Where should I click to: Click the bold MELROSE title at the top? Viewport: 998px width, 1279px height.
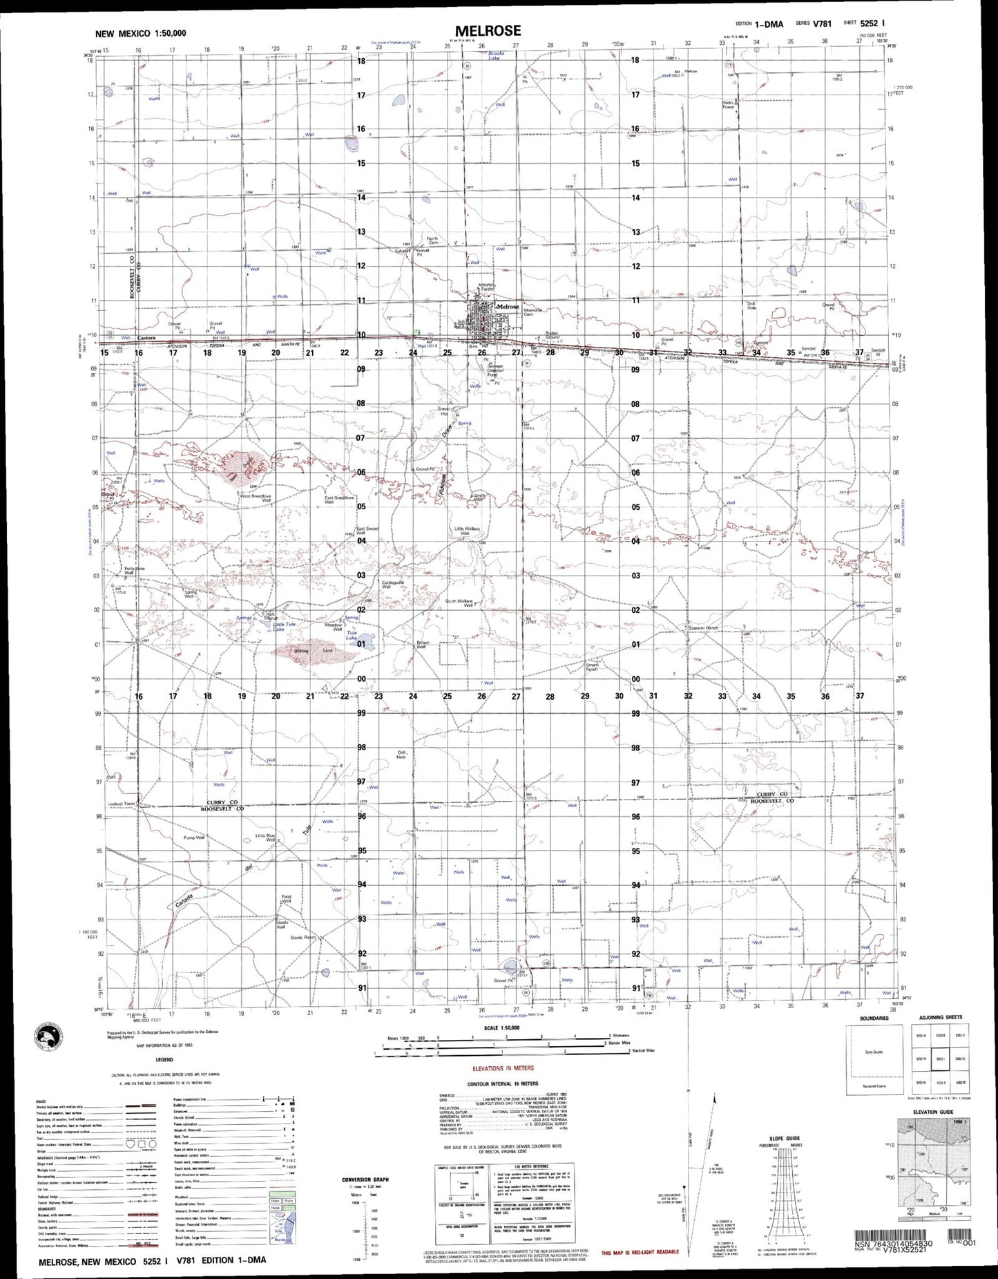click(488, 30)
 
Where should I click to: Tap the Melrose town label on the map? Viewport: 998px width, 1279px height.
click(508, 306)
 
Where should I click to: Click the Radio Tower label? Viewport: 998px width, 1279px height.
click(728, 104)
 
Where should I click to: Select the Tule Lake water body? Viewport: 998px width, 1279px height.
click(367, 643)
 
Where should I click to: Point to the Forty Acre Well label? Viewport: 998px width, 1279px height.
click(135, 571)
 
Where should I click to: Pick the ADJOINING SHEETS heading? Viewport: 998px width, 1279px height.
click(940, 1018)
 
